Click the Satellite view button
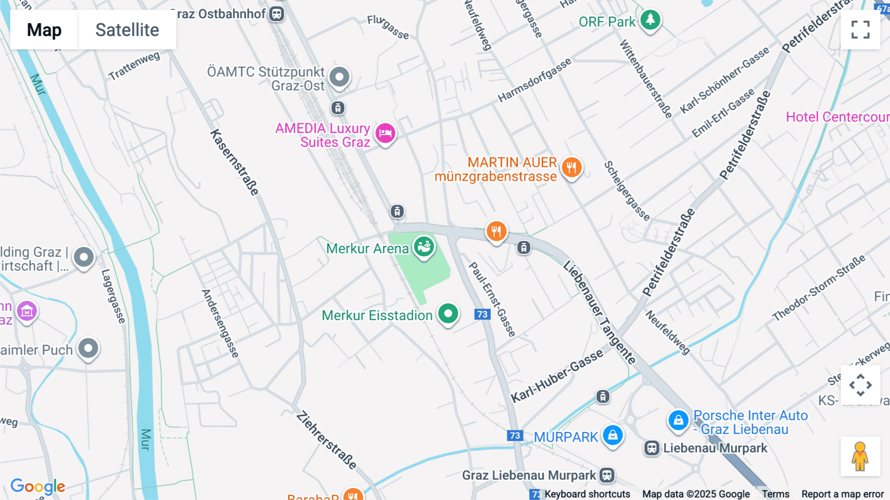(127, 30)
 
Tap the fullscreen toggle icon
(860, 30)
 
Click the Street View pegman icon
(860, 456)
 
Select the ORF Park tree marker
(650, 20)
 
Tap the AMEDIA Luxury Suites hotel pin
(385, 133)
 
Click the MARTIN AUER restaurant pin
(571, 167)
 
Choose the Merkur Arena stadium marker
(424, 246)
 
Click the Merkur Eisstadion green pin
(448, 313)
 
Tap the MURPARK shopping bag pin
(613, 435)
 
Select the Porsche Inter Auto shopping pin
(678, 420)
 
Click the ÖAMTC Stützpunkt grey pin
(339, 77)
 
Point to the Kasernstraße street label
(235, 162)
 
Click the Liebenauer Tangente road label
(599, 312)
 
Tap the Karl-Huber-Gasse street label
(557, 375)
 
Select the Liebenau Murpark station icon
(652, 448)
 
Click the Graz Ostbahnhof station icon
(276, 14)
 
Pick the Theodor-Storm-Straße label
(818, 288)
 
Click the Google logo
(38, 486)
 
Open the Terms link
(775, 494)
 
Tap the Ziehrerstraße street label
(326, 440)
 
